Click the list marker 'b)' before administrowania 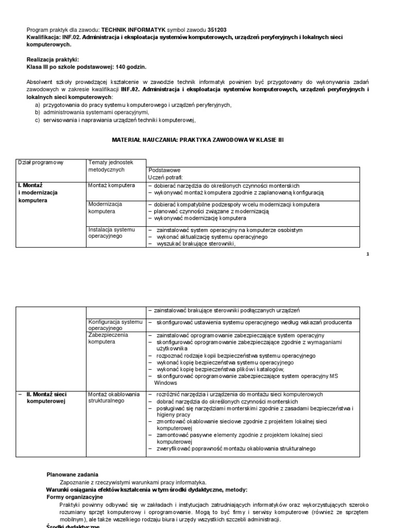(x=37, y=112)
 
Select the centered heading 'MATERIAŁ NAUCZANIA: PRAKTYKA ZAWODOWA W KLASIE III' (x=198, y=140)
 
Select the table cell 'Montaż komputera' (x=111, y=185)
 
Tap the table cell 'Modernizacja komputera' (x=106, y=207)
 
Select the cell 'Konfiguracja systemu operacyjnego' (x=114, y=325)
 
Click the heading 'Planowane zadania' (x=72, y=474)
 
